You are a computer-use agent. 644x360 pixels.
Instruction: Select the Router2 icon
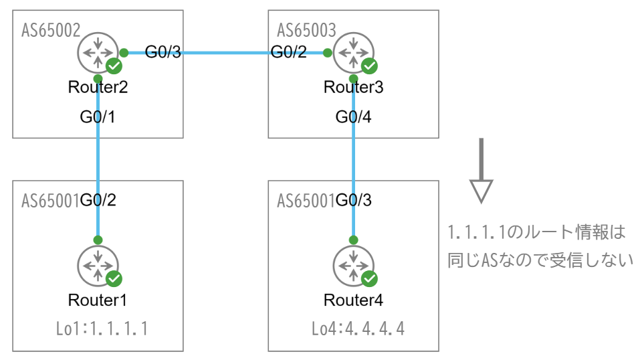[x=98, y=52]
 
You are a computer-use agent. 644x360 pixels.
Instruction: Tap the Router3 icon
[x=353, y=52]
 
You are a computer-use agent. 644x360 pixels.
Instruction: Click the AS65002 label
[x=51, y=30]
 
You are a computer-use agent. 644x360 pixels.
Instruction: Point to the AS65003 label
[x=306, y=30]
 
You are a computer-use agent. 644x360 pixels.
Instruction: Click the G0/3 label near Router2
[x=163, y=53]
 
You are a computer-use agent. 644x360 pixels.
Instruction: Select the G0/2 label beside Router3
[x=288, y=53]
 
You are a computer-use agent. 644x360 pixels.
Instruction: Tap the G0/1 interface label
[x=98, y=117]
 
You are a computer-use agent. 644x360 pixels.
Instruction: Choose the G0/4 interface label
[x=354, y=117]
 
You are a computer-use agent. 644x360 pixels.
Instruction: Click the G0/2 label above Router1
[x=98, y=199]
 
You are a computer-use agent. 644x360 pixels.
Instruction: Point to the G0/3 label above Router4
[x=354, y=199]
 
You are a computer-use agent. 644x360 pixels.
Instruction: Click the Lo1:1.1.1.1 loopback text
[x=102, y=329]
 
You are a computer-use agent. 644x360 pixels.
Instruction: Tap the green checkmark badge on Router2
[x=114, y=66]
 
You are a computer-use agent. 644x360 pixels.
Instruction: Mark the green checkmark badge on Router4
[x=369, y=278]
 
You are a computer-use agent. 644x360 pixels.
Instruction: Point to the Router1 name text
[x=98, y=300]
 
